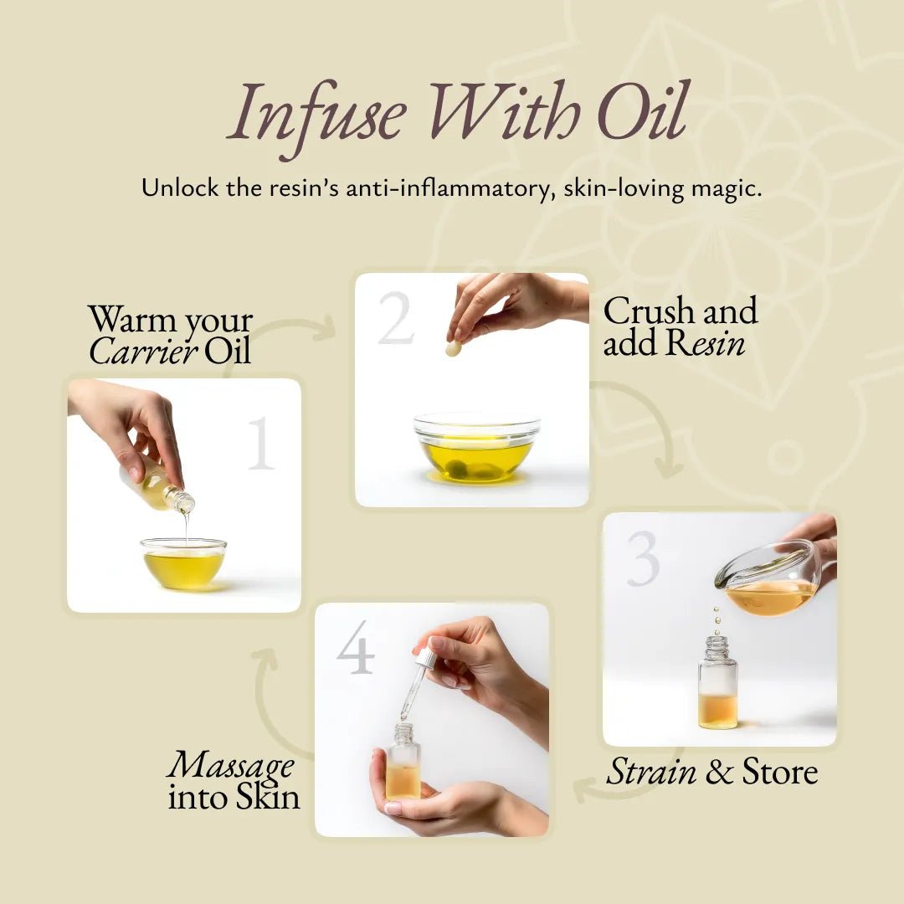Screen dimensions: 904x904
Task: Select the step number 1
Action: (261, 444)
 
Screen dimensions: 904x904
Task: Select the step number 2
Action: (396, 318)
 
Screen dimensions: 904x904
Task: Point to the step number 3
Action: (643, 558)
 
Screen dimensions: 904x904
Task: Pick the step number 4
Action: (356, 647)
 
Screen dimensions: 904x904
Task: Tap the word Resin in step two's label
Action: (705, 342)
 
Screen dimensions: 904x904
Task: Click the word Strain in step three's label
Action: (651, 772)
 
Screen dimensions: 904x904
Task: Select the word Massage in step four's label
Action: (231, 766)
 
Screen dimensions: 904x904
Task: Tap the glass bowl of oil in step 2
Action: (477, 447)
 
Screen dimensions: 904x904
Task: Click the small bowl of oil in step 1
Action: (184, 563)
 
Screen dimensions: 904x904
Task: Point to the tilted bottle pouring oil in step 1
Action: (156, 484)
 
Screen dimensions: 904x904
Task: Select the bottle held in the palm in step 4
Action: (403, 763)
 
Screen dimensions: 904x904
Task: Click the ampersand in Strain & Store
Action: (718, 772)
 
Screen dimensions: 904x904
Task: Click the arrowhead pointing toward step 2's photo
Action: (325, 328)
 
